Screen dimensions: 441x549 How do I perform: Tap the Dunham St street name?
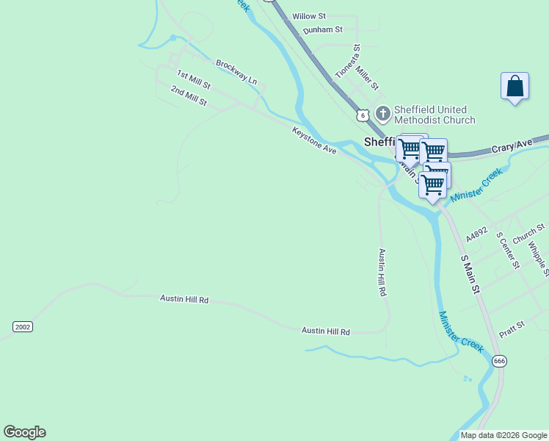tap(323, 30)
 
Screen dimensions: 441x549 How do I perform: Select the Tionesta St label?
tap(347, 62)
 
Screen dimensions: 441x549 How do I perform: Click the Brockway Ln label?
tap(236, 72)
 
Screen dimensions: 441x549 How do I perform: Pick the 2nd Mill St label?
tap(189, 96)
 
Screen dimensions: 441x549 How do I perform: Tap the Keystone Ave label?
tap(314, 140)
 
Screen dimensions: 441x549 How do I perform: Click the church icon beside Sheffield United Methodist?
tap(382, 113)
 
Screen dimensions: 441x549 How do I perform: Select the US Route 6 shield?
tap(362, 115)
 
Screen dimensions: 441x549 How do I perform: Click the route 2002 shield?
tap(23, 326)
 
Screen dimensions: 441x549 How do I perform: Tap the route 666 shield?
tap(499, 360)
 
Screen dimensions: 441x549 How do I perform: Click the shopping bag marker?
tap(515, 87)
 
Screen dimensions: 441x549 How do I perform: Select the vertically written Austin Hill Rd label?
tap(382, 272)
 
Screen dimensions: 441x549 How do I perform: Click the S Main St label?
tap(469, 275)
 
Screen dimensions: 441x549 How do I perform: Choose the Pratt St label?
tap(512, 324)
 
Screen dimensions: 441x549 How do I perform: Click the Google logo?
tap(24, 432)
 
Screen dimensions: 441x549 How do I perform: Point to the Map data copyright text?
tap(503, 435)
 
